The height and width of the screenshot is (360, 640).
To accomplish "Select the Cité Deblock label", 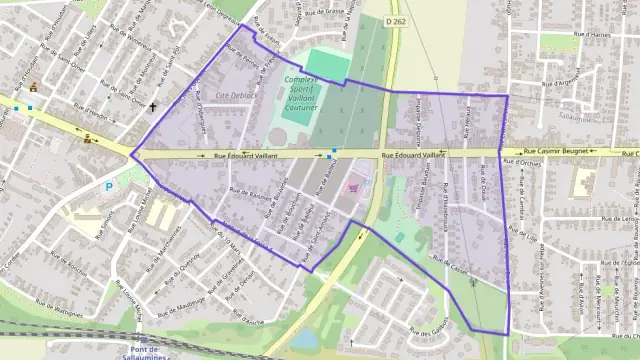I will (236, 95).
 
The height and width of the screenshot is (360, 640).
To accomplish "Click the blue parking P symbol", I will (109, 186).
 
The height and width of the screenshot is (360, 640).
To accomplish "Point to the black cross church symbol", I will (153, 106).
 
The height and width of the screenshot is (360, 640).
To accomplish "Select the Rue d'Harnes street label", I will (565, 34).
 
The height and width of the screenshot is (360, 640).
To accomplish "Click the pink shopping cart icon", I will (352, 186).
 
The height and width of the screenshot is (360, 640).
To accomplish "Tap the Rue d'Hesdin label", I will (91, 114).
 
